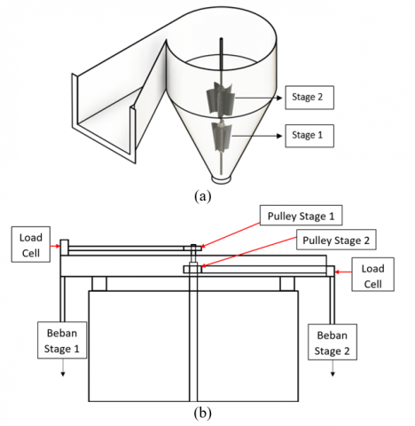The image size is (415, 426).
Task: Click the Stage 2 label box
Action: [309, 98]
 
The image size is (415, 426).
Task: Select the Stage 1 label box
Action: [309, 136]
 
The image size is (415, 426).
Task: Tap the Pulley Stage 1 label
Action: [301, 216]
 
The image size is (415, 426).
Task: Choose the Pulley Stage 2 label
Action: [336, 240]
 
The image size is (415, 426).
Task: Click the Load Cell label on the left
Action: [31, 244]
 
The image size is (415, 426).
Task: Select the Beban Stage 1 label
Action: [62, 340]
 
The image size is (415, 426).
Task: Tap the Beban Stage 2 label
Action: [333, 343]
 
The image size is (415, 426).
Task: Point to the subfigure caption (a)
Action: [203, 196]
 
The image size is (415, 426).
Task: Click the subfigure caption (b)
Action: [203, 413]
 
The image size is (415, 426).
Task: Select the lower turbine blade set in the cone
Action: [222, 136]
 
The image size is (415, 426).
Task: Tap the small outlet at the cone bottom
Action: [221, 179]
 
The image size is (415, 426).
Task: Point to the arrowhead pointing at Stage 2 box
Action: [279, 98]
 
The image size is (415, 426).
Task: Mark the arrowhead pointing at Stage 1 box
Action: [279, 136]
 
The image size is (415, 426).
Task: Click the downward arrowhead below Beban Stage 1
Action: [63, 375]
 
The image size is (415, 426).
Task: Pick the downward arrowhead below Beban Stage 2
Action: [333, 375]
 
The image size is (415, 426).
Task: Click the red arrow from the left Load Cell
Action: [55, 246]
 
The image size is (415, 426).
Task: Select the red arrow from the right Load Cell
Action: [343, 272]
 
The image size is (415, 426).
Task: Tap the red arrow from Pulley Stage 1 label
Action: [230, 235]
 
